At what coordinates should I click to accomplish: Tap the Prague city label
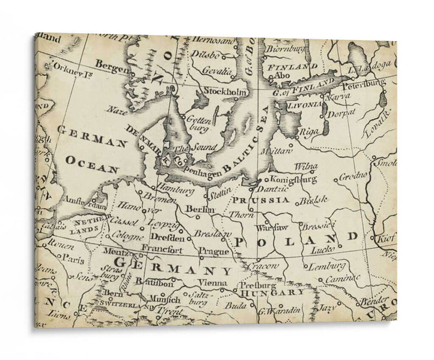point(209,252)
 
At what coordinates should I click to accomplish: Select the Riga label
point(308,131)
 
